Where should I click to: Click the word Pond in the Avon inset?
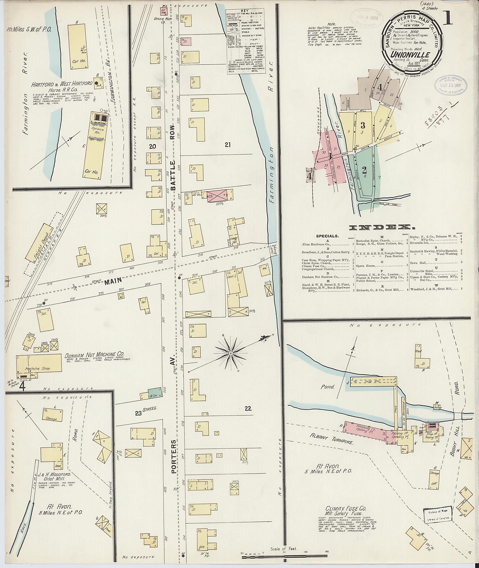tap(327, 386)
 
